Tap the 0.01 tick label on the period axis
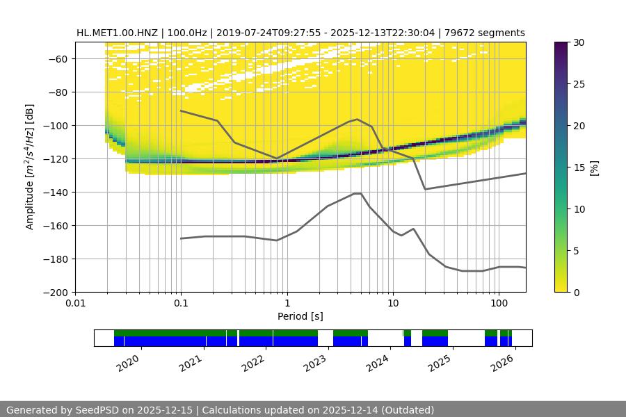click(x=75, y=304)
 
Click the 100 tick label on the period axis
click(x=498, y=304)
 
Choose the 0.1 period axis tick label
click(x=181, y=304)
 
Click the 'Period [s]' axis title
click(x=300, y=316)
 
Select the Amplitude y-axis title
click(x=29, y=167)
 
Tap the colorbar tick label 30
click(x=578, y=42)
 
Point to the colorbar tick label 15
click(x=578, y=167)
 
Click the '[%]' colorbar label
click(x=594, y=167)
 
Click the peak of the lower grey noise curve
click(x=358, y=193)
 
